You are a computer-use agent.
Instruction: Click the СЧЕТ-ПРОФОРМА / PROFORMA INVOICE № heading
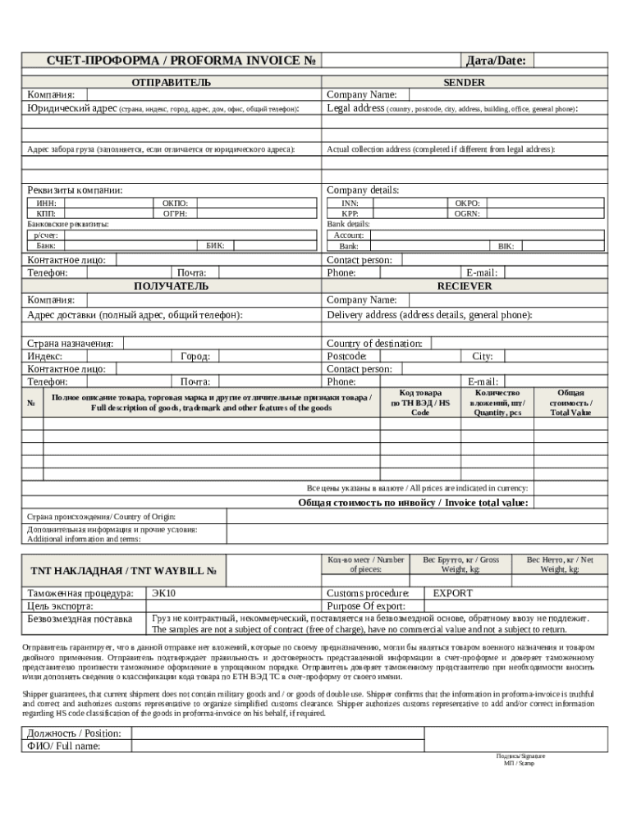pos(171,61)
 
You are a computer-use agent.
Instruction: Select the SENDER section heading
pos(464,82)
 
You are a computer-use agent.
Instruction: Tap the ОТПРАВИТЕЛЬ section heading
pos(171,82)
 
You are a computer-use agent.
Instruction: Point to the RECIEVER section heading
pos(464,286)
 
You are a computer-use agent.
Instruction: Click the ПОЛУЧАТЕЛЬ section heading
pos(171,286)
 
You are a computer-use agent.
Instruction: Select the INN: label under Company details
pos(350,203)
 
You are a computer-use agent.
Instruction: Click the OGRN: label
pos(467,213)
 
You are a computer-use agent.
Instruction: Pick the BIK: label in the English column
pos(506,246)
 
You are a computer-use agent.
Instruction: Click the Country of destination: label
pos(375,344)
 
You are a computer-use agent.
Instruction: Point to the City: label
pos(482,357)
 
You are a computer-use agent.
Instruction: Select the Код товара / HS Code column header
pos(420,403)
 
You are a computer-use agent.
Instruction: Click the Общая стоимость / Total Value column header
pos(570,403)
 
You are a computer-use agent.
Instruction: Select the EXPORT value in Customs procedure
pos(452,593)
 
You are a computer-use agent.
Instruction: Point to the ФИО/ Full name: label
pos(64,746)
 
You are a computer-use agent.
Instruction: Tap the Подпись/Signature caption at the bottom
pos(520,756)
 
